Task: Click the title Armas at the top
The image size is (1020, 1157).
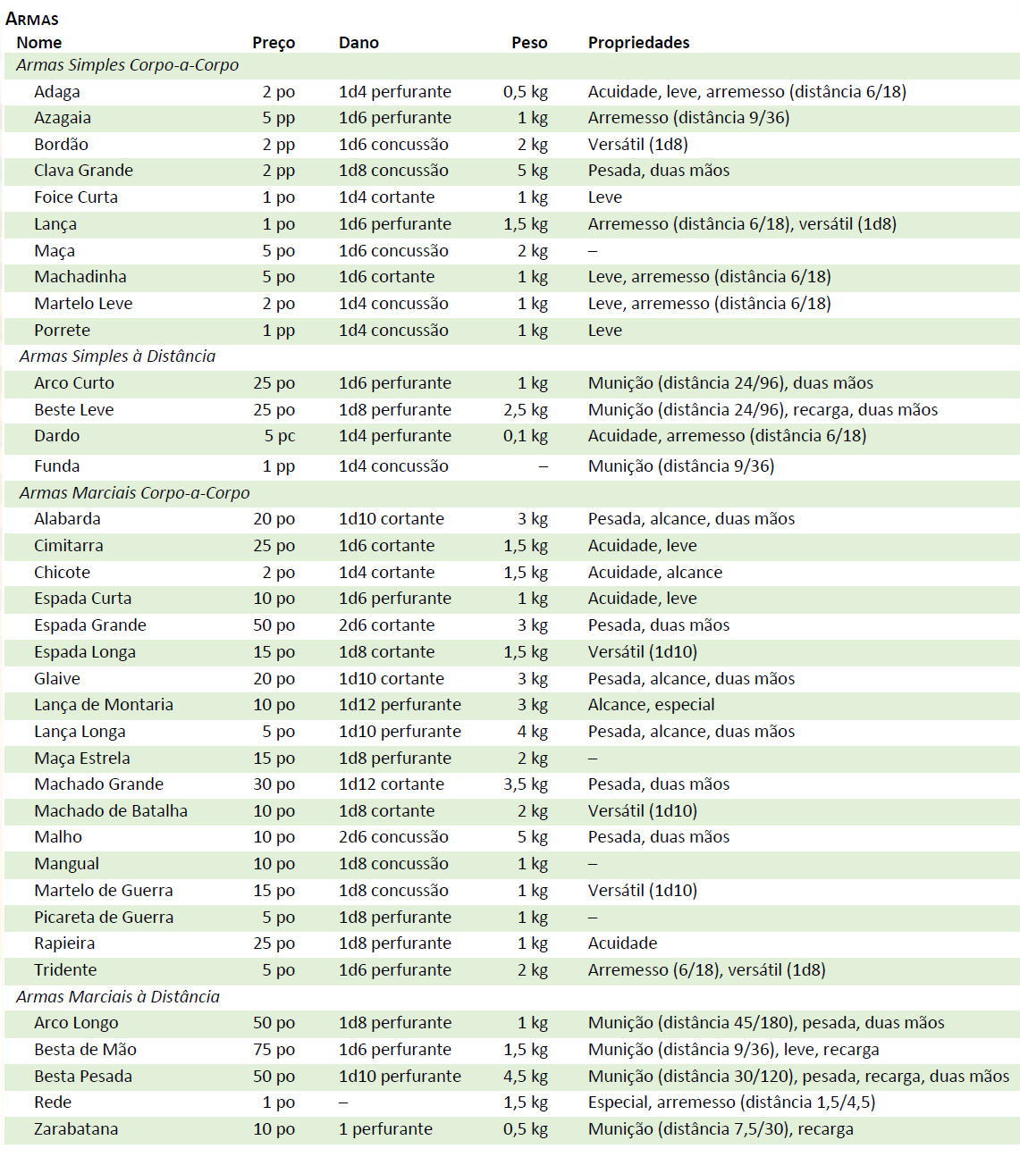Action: (32, 19)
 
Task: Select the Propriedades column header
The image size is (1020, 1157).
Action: (638, 43)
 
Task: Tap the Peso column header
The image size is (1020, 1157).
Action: (529, 43)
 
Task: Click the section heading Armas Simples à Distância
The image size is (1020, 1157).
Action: (117, 356)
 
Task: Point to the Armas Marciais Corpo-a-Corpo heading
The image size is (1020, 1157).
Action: (134, 493)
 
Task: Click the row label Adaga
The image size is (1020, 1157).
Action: (57, 92)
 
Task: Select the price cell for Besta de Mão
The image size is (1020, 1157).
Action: (274, 1050)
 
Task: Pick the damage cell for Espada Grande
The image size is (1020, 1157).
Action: (386, 625)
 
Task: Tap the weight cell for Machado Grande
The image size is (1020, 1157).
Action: (526, 784)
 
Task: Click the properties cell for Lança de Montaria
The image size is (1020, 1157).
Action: (651, 705)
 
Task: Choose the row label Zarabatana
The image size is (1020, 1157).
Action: (76, 1129)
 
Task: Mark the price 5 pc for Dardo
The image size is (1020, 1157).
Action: (279, 436)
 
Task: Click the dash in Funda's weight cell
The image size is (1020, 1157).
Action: (543, 466)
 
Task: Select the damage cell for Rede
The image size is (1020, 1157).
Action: (343, 1103)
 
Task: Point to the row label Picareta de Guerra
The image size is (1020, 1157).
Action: (104, 918)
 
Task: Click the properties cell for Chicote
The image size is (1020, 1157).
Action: (654, 573)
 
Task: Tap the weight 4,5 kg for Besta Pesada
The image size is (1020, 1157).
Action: (526, 1077)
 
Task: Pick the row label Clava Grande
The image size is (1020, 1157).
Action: (83, 171)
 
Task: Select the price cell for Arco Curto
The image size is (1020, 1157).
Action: (274, 383)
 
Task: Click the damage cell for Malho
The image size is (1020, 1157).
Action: (393, 837)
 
